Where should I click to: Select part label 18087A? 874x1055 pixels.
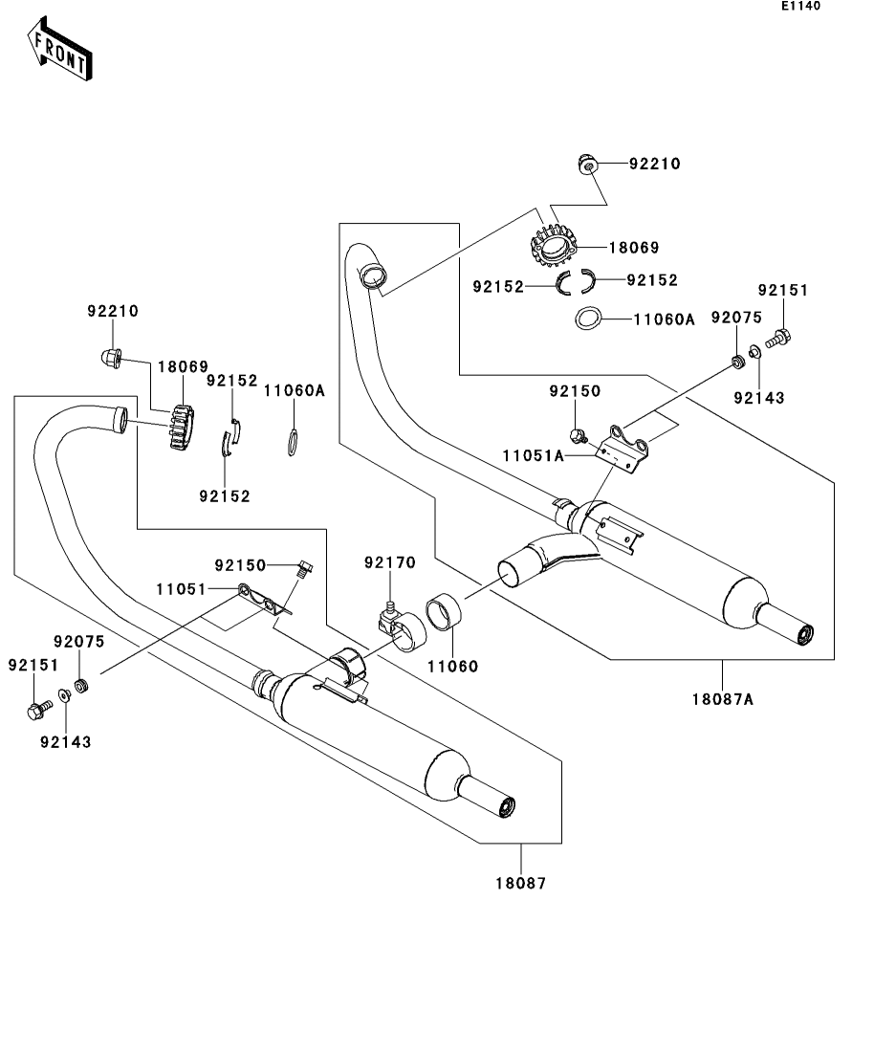723,699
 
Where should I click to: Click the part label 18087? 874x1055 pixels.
520,884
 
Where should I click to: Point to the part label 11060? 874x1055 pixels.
452,666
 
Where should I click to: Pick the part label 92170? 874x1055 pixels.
389,562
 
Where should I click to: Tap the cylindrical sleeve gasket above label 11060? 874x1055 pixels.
443,611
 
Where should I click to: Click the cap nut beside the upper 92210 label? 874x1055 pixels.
586,165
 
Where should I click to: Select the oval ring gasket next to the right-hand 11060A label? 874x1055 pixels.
589,319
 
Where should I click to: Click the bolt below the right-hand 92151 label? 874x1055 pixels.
778,337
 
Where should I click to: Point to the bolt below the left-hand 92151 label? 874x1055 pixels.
38,711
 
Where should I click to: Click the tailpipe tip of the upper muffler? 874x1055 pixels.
803,632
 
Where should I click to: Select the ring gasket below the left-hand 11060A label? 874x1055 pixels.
295,442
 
